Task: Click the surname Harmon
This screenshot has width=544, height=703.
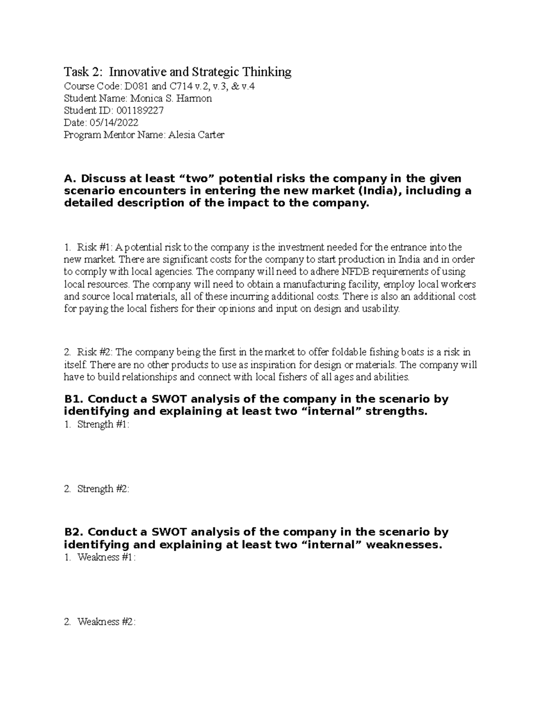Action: [x=196, y=99]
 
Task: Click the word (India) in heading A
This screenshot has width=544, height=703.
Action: [x=379, y=191]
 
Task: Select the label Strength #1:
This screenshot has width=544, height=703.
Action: [x=103, y=425]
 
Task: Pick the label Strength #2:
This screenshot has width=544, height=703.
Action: [x=103, y=489]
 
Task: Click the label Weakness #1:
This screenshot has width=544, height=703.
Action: [x=106, y=558]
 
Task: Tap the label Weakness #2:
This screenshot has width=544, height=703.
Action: [x=106, y=622]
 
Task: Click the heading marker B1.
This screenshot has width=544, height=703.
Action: [x=73, y=399]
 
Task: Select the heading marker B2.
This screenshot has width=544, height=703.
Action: [x=73, y=532]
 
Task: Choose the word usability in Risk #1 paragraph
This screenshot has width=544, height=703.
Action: [x=382, y=309]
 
